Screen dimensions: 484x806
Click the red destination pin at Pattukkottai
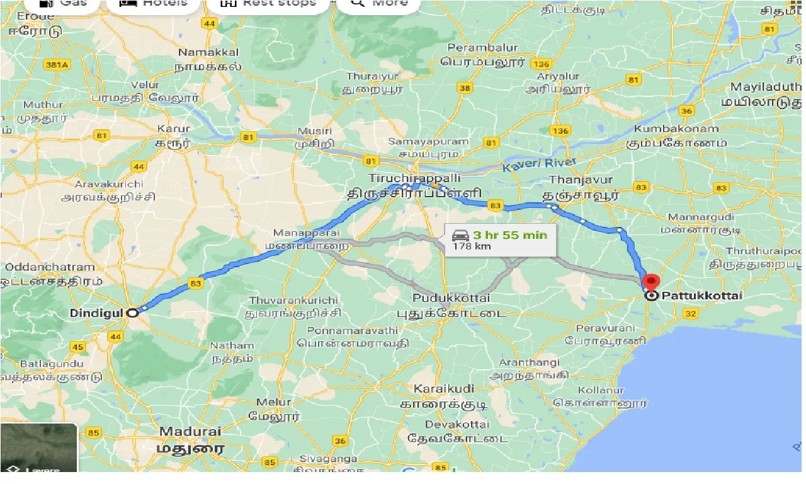click(652, 283)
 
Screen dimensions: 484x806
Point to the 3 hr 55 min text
click(510, 235)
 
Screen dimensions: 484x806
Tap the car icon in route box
click(460, 236)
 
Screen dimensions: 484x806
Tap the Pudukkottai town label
click(451, 297)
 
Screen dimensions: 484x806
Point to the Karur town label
click(173, 129)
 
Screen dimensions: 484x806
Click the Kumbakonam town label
click(676, 129)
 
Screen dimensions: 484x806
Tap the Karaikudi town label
click(444, 388)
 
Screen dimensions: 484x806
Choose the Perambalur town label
click(482, 47)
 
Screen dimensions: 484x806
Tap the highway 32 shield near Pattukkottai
click(690, 314)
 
